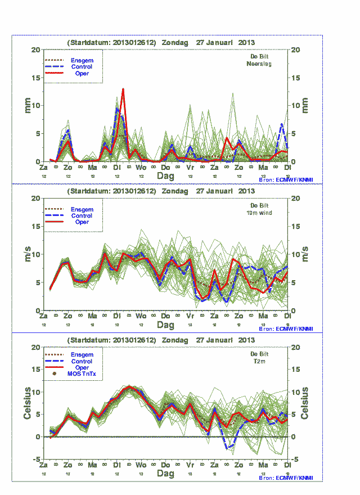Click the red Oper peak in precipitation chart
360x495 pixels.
123,89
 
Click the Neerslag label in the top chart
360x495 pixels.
259,64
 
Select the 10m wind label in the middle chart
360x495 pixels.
259,213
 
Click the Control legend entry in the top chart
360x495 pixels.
82,67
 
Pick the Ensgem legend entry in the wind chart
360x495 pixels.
82,209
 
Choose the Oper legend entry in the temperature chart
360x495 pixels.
82,368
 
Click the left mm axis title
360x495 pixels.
26,105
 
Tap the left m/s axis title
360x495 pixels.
26,254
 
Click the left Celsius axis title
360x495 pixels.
26,403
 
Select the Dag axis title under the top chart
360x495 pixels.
165,176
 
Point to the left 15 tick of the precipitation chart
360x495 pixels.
35,78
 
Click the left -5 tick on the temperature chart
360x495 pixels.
35,460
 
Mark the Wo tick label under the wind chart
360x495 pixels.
141,316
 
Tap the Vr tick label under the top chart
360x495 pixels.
190,168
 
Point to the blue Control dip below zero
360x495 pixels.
229,447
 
